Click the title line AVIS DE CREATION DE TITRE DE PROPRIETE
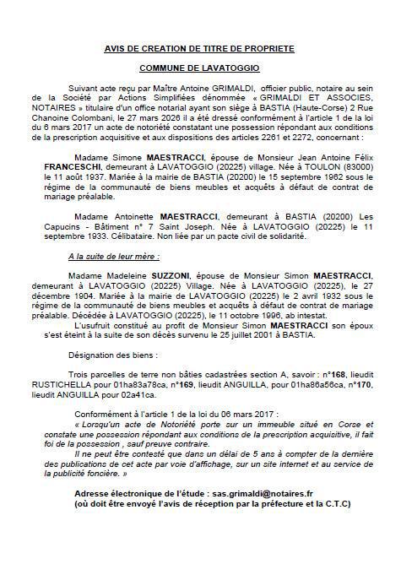(x=200, y=51)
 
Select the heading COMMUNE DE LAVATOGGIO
(x=200, y=68)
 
